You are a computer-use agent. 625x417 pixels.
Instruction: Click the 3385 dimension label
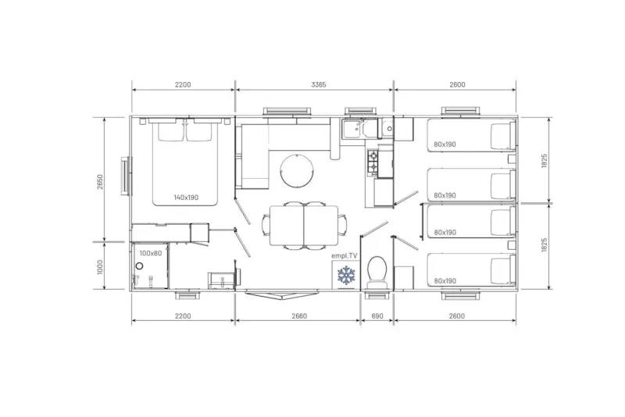click(x=313, y=84)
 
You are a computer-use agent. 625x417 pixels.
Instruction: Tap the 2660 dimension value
click(x=298, y=315)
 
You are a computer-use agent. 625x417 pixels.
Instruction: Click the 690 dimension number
click(x=377, y=315)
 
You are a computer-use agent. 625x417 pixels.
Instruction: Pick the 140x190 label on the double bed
click(x=186, y=198)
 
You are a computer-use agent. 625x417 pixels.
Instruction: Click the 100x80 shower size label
click(x=151, y=253)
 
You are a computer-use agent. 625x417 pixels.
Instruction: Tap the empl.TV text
click(x=344, y=255)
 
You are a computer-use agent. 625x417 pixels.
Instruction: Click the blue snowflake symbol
click(x=345, y=275)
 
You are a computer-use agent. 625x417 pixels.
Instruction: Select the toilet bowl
click(x=376, y=271)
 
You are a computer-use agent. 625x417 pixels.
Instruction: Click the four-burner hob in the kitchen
click(x=372, y=162)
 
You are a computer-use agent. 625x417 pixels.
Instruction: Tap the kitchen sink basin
click(x=352, y=130)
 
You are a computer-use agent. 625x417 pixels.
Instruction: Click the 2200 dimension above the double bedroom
click(x=183, y=84)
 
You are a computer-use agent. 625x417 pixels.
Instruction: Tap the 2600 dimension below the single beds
click(x=457, y=315)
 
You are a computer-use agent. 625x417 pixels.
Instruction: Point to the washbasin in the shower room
click(x=220, y=279)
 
